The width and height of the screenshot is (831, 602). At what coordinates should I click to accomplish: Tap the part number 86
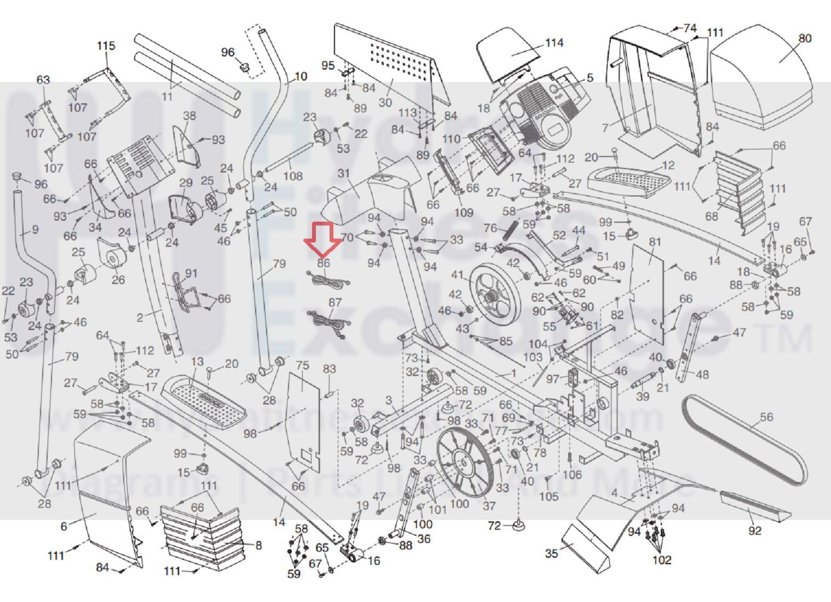point(324,263)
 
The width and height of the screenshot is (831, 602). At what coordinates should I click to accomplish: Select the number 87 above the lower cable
point(335,302)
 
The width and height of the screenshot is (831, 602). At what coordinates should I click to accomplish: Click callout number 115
point(106,46)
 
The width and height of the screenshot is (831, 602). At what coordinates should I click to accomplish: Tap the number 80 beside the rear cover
point(805,38)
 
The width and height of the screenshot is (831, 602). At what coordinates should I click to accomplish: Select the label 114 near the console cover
point(554,43)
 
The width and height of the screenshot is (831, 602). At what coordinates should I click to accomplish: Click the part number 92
point(755,530)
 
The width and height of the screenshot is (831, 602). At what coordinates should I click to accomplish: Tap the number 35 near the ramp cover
point(552,553)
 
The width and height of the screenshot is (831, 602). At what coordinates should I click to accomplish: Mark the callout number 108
point(293,176)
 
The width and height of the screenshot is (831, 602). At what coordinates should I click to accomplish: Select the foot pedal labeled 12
point(630,181)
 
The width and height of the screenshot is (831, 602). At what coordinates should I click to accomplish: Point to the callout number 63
point(43,80)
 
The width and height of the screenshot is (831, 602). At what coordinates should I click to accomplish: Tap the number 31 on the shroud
point(343,173)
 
